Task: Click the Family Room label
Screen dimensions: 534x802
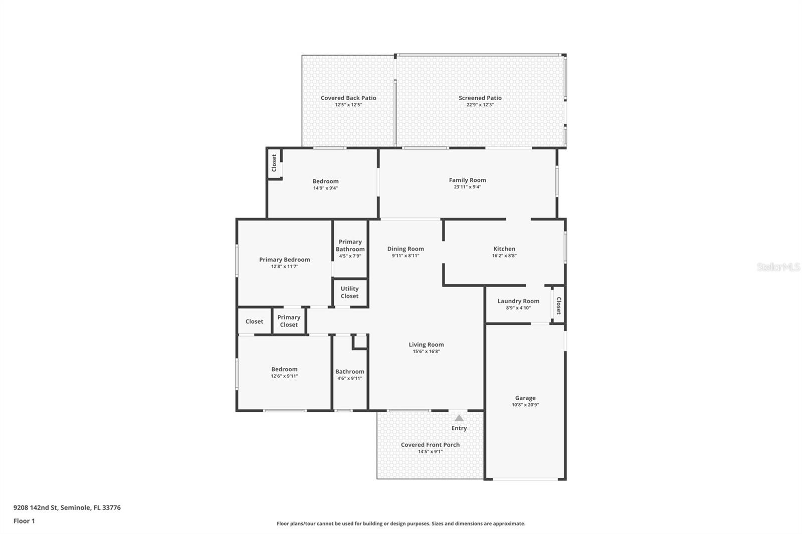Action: point(467,180)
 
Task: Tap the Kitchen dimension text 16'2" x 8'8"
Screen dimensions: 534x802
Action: point(504,255)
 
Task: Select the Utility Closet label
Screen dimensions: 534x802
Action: point(349,292)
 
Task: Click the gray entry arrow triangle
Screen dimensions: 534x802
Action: point(459,418)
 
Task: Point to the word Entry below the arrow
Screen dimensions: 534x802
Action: point(459,428)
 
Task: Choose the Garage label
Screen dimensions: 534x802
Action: point(525,398)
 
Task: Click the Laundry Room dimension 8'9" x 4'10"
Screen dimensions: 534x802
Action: point(518,308)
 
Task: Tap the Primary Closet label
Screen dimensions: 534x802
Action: point(289,321)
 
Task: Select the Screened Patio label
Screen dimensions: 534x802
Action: point(480,98)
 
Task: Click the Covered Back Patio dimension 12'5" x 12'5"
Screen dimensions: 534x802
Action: point(348,105)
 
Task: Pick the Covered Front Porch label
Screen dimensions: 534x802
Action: point(430,445)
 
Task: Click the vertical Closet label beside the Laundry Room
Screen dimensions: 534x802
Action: point(558,306)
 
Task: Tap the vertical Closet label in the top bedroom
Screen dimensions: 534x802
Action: point(274,163)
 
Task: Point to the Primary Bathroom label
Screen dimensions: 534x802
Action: point(350,245)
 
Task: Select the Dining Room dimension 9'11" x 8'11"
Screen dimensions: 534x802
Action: point(405,255)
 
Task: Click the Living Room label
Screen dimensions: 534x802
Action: point(426,345)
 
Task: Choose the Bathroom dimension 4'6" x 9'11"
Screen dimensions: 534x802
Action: point(349,379)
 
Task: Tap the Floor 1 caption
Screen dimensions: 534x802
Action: point(24,521)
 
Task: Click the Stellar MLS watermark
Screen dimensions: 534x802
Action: point(778,268)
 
